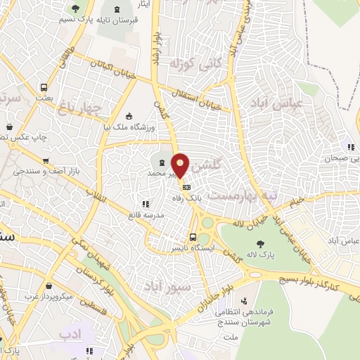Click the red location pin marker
click(x=181, y=165)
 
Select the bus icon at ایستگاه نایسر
click(x=193, y=237)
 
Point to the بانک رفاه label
click(x=202, y=198)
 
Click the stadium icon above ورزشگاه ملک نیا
click(x=128, y=117)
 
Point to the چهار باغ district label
click(x=83, y=106)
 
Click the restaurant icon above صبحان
click(x=350, y=147)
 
